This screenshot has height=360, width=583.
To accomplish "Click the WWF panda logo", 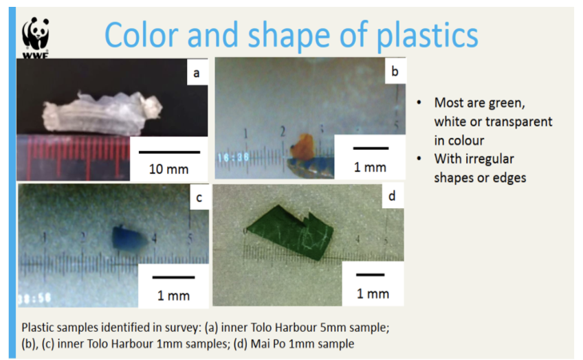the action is (35, 37).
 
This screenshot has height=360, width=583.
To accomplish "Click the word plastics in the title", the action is (427, 36).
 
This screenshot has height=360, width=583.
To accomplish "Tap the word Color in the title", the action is (142, 35).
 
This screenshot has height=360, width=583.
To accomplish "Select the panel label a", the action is (197, 73).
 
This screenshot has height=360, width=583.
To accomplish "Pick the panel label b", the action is (395, 71).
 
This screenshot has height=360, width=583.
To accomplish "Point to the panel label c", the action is (199, 197).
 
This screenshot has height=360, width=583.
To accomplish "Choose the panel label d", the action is (392, 195).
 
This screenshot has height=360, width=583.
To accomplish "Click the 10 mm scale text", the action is (169, 169).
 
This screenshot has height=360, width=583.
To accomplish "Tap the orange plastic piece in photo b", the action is (302, 146).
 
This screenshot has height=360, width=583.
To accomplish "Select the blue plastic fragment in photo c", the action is (129, 238).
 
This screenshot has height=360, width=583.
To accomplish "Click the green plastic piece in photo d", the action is (291, 231).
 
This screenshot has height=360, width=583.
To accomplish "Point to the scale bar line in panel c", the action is (174, 277).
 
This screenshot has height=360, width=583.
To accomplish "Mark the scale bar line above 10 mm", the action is (170, 152).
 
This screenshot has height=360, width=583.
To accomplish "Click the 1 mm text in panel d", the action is (373, 294).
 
